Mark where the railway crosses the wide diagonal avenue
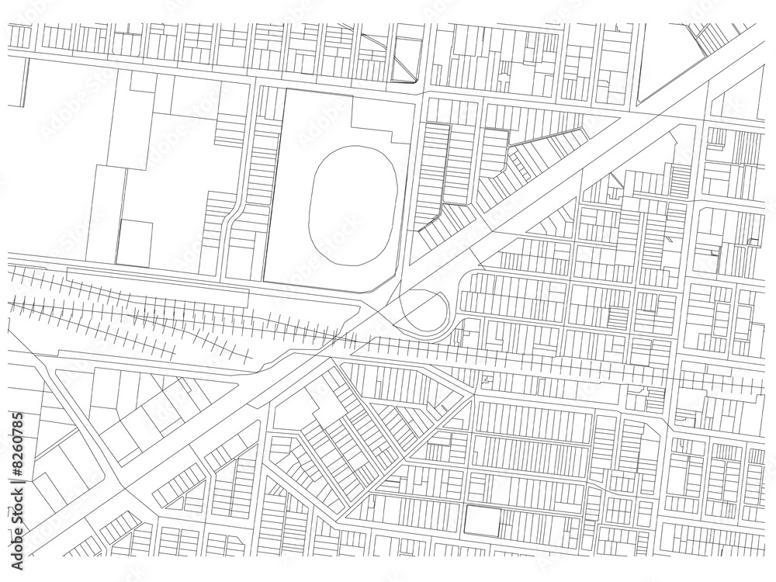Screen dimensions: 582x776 [x=341, y=339]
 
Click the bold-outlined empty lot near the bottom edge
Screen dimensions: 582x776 [x=482, y=519]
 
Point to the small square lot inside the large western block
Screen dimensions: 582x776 [x=135, y=243]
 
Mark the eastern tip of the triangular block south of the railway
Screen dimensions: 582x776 [x=470, y=394]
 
